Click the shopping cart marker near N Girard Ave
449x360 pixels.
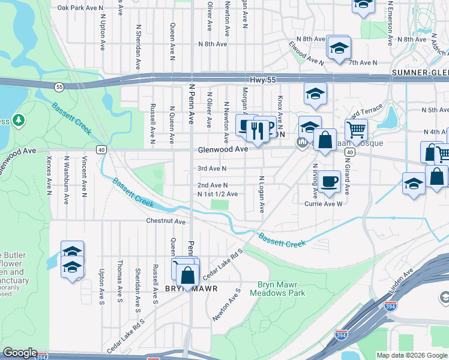click(357, 129)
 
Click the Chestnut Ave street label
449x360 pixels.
click(166, 221)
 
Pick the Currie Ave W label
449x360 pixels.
click(324, 204)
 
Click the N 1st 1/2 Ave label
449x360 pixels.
click(217, 194)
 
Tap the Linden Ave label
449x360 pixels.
click(401, 281)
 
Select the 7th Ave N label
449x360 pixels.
click(363, 62)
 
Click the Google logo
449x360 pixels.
click(20, 353)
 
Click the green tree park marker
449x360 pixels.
click(19, 121)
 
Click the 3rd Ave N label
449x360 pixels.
click(212, 169)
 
